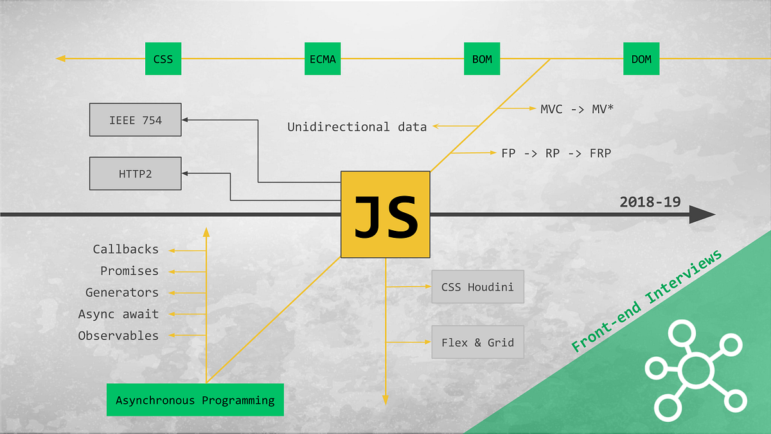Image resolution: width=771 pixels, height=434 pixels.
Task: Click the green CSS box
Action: pos(163,59)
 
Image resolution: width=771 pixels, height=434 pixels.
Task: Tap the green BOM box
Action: pos(482,59)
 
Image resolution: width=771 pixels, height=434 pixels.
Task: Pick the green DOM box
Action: pos(641,59)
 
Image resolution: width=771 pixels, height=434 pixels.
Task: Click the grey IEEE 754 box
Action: pos(135,120)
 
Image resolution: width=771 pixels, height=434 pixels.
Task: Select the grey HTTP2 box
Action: pos(135,173)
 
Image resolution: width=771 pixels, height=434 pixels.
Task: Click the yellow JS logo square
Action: pos(385,215)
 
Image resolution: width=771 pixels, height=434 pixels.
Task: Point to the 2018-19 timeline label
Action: pos(650,201)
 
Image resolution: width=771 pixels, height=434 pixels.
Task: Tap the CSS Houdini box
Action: pos(477,287)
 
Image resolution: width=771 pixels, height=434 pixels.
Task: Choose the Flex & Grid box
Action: pos(477,342)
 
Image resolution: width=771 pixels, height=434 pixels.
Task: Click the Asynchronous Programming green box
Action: pos(195,400)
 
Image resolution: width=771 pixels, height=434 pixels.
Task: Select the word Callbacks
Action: pos(125,249)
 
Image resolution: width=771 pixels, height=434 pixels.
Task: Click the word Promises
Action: pos(129,271)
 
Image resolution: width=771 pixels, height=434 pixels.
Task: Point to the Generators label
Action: pos(121,293)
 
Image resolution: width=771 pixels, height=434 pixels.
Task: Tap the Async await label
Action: pos(118,314)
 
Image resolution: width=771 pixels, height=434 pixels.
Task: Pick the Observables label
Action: pos(118,336)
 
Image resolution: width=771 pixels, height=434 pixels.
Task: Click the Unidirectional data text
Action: pos(357,127)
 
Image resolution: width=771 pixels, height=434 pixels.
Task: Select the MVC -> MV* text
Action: pos(577,109)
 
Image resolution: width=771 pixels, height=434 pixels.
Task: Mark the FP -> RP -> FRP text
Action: pos(556,153)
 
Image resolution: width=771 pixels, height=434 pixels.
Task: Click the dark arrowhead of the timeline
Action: pos(702,215)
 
